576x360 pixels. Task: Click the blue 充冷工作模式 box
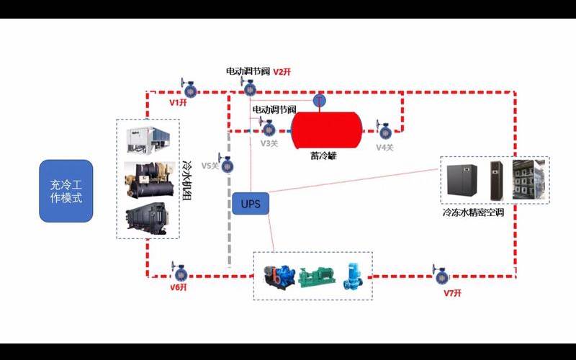66,191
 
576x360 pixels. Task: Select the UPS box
251,204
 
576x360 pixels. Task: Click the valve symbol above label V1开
189,90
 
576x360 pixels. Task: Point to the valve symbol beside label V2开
249,89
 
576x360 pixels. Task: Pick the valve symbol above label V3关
268,129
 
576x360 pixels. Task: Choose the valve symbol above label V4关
385,131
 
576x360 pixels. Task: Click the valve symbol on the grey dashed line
228,166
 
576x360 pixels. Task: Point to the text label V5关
210,166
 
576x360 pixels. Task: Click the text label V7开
451,292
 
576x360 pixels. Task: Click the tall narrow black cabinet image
496,179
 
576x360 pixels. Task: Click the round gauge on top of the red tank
320,100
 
